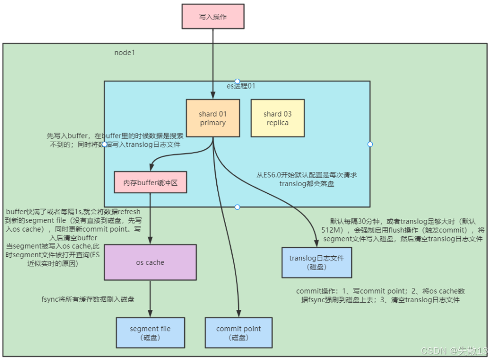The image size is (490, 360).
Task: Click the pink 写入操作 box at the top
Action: click(213, 16)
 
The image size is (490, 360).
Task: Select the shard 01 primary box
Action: click(212, 118)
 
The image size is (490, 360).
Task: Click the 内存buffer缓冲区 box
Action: click(150, 182)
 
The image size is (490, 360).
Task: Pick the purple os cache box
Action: click(150, 262)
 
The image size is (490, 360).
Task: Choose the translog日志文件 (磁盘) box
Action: click(317, 262)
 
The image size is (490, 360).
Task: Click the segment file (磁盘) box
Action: click(150, 333)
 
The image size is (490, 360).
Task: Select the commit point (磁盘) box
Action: click(238, 333)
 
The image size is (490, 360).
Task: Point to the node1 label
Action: click(124, 53)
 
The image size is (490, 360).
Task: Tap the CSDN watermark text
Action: click(454, 350)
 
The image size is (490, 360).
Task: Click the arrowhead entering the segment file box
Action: click(150, 314)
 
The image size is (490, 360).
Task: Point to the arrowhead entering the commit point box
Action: click(238, 314)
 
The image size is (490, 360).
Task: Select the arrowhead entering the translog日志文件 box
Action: click(316, 244)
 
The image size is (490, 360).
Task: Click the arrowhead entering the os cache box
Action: click(150, 241)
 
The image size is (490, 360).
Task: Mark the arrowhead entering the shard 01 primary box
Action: click(213, 96)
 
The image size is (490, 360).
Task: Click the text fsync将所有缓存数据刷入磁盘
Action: click(88, 299)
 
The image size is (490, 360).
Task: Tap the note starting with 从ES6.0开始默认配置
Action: click(307, 179)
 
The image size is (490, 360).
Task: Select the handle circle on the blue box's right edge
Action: click(370, 144)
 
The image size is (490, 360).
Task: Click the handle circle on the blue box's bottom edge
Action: click(237, 207)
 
